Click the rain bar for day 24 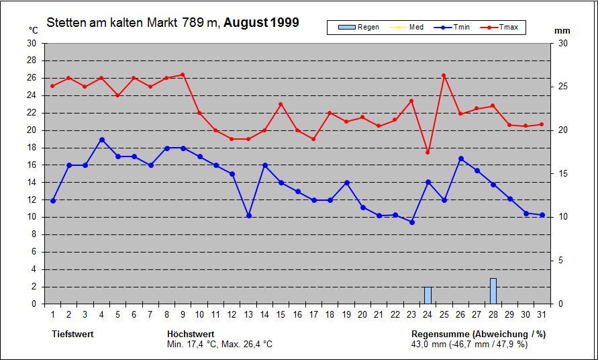click(x=428, y=296)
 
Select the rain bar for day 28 click(x=493, y=291)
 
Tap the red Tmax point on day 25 click(x=444, y=75)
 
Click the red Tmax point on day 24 click(x=428, y=152)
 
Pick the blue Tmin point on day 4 click(x=101, y=140)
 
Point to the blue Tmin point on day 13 click(x=248, y=216)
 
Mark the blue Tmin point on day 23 click(x=411, y=222)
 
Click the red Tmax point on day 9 click(x=183, y=75)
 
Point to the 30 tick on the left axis click(x=32, y=43)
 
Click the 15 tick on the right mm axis click(x=563, y=174)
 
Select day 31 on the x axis click(x=542, y=314)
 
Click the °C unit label click(x=34, y=30)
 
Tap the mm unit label click(x=562, y=31)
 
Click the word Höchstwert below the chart click(x=191, y=334)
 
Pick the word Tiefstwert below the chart click(x=72, y=334)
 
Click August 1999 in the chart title click(x=261, y=23)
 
